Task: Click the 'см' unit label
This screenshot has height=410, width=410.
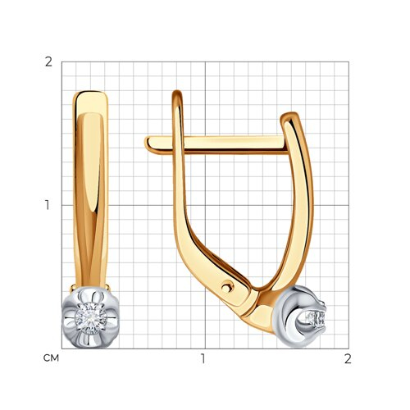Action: (51, 358)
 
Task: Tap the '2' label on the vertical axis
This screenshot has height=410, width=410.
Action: (48, 62)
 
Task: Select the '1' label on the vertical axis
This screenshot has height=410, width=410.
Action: (48, 205)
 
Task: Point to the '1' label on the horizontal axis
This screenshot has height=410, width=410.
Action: (203, 358)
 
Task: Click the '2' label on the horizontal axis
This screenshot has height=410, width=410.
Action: (348, 358)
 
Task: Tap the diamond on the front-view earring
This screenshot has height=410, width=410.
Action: (91, 318)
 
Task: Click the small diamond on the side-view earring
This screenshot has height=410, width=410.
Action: (316, 318)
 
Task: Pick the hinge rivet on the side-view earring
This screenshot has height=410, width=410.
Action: (226, 287)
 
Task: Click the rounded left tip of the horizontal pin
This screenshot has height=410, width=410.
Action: (147, 144)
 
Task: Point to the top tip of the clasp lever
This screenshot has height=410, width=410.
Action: (177, 92)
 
